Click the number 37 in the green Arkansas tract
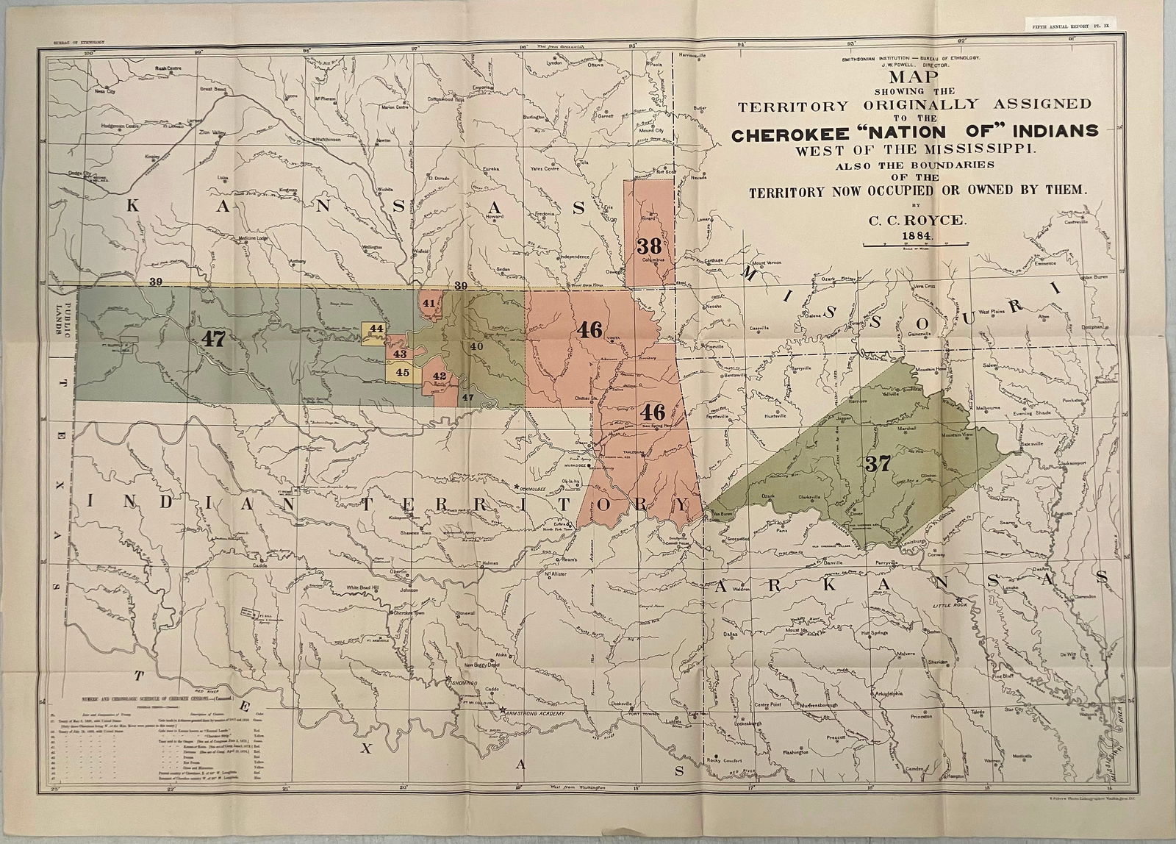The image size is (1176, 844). (879, 464)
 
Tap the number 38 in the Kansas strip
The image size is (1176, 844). (649, 246)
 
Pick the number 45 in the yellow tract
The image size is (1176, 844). (402, 372)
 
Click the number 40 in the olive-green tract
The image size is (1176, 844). (476, 346)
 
